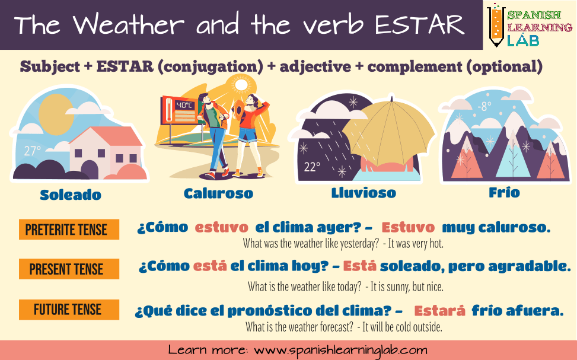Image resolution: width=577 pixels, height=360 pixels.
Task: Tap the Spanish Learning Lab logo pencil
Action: (495, 26)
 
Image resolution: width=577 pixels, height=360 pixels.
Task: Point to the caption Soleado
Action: (71, 195)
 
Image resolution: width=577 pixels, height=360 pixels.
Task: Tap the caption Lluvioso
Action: (364, 193)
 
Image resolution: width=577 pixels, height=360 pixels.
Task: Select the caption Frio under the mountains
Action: (504, 192)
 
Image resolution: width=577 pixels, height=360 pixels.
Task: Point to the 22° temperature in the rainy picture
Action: (311, 167)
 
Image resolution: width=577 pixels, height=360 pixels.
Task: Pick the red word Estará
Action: (439, 311)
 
